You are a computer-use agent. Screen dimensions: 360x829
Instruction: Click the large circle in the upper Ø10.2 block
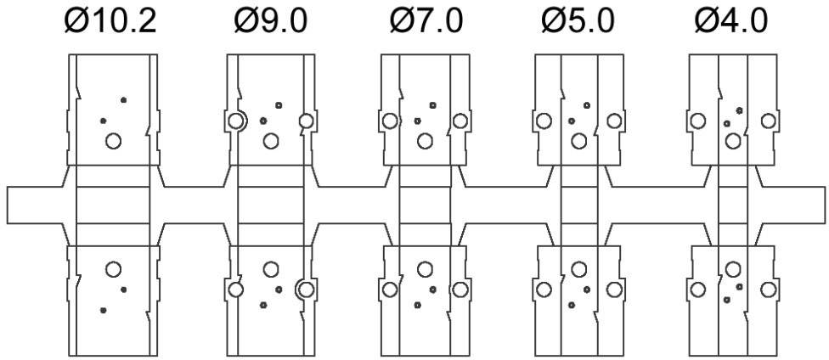pyautogui.click(x=113, y=140)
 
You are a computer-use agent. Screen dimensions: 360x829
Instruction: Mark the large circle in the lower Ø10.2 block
pyautogui.click(x=113, y=269)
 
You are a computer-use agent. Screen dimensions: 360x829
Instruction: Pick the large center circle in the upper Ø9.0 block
pyautogui.click(x=271, y=140)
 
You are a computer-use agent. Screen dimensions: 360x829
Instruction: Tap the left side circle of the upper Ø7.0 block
pyautogui.click(x=389, y=121)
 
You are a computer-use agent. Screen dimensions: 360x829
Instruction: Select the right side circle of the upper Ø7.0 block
pyautogui.click(x=460, y=121)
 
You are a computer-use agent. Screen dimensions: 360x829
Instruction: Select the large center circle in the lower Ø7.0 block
pyautogui.click(x=424, y=269)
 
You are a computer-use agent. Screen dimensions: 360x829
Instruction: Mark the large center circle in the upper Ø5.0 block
pyautogui.click(x=578, y=140)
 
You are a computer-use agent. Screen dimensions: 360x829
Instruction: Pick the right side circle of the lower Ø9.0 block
pyautogui.click(x=306, y=290)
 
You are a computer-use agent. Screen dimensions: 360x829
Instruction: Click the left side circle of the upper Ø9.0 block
pyautogui.click(x=235, y=121)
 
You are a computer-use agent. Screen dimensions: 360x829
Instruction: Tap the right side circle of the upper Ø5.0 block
pyautogui.click(x=613, y=121)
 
